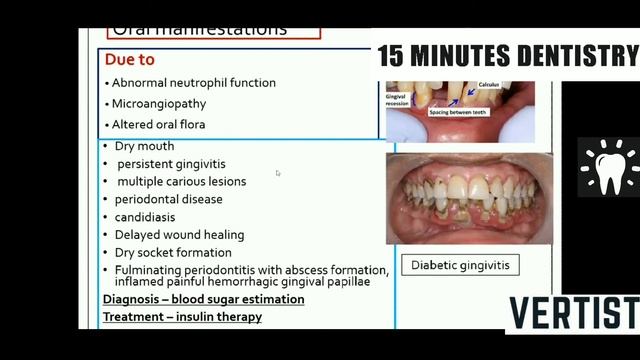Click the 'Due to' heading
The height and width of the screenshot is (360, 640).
[x=129, y=60]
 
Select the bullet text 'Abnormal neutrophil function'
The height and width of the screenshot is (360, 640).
[x=193, y=83]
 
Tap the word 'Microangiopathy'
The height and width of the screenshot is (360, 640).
[x=158, y=104]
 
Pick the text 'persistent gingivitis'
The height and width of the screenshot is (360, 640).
[x=171, y=164]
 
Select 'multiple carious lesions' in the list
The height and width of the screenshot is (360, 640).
[x=181, y=181]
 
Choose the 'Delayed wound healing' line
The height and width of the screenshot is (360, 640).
[x=179, y=235]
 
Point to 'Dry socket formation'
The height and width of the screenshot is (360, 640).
[x=173, y=253]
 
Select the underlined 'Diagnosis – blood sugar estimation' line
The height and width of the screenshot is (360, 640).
[x=204, y=299]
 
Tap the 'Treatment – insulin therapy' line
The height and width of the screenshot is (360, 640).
[x=182, y=317]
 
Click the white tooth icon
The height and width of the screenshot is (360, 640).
[x=608, y=167]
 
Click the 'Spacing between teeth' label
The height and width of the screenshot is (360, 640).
[x=467, y=113]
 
